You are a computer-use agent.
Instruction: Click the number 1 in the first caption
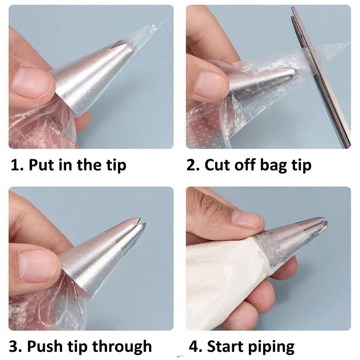(15, 165)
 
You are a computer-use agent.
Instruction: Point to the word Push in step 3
(44, 346)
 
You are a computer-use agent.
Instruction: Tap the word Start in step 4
(225, 346)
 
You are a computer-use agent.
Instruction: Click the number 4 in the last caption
(194, 346)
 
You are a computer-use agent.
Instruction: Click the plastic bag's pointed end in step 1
(162, 22)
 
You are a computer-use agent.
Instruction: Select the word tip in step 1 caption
(116, 166)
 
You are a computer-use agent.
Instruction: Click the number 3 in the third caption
(14, 346)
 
